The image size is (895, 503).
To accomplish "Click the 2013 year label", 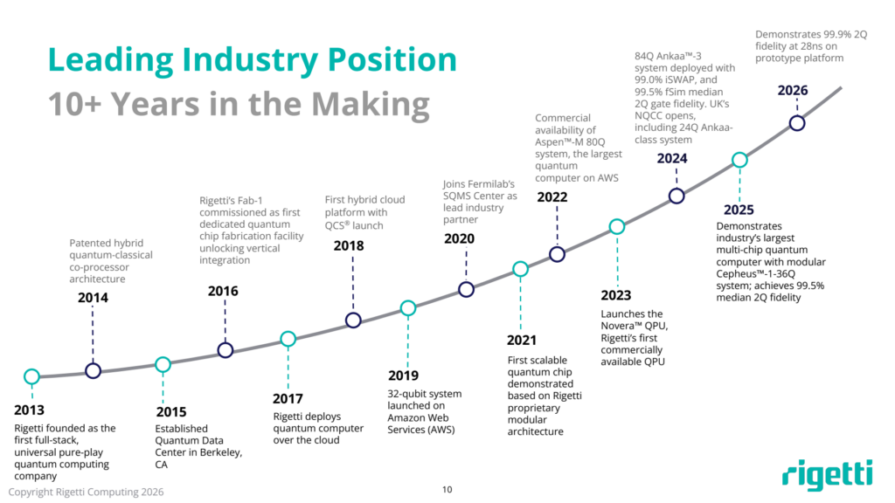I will (29, 410).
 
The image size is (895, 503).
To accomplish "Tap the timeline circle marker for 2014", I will (93, 370).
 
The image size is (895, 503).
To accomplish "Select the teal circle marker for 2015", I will (162, 364).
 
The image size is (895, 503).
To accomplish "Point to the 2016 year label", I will (222, 291).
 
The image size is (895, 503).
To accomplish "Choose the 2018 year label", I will (349, 245).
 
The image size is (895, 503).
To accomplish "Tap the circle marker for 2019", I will (407, 307).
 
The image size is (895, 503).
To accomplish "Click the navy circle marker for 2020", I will (467, 289).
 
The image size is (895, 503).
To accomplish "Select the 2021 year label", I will (522, 340).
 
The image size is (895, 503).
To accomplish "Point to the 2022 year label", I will (552, 196).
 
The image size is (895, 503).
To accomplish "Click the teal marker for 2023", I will (616, 227).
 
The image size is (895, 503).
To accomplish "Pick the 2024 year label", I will (672, 159).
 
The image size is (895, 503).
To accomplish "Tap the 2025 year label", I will (739, 210).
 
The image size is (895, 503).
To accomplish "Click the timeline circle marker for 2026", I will (797, 123).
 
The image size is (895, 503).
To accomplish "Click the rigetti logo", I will (827, 473).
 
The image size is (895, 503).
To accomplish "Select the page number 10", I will (447, 490).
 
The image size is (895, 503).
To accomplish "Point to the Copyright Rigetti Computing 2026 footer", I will (86, 492).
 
